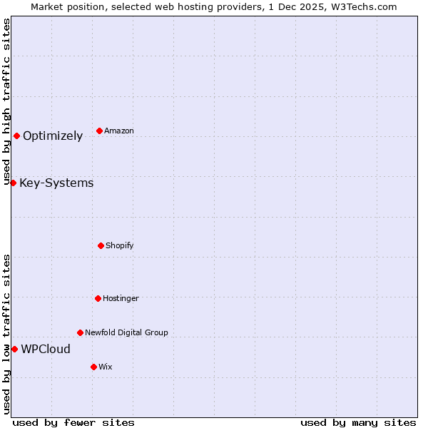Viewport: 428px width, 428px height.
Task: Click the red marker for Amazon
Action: (x=99, y=131)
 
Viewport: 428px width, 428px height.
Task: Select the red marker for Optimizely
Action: (x=16, y=136)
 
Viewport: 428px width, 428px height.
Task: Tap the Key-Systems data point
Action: (x=13, y=183)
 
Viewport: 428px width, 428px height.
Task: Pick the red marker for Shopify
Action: (x=101, y=245)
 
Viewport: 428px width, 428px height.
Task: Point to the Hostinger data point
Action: (x=98, y=298)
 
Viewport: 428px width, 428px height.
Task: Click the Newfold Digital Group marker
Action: (x=80, y=332)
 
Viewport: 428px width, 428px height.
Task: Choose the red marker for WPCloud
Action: (x=14, y=349)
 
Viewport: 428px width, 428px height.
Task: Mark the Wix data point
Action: (x=93, y=367)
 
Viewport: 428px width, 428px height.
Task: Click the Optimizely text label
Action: (x=53, y=136)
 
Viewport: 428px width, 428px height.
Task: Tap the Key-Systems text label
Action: (x=56, y=183)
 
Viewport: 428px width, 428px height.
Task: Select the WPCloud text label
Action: (x=46, y=349)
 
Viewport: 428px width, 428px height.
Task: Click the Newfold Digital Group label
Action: (x=126, y=332)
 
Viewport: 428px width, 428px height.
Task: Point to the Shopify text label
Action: (x=119, y=245)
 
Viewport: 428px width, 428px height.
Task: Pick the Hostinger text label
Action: (x=121, y=298)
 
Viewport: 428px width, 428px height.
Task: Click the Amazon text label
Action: (x=118, y=131)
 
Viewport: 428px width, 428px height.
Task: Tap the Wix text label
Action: (x=105, y=367)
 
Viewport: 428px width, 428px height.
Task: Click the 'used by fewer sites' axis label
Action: (x=73, y=422)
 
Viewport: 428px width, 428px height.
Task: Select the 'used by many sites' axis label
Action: (x=358, y=422)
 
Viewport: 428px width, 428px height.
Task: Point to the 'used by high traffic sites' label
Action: (x=6, y=102)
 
